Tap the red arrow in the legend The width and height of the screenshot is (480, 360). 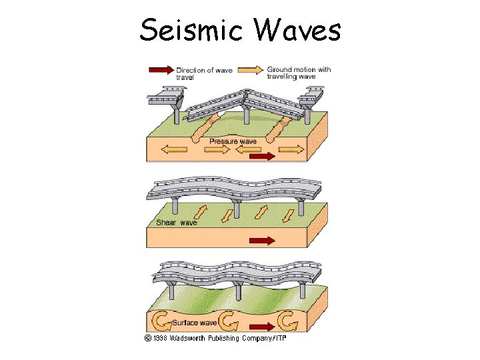coord(160,69)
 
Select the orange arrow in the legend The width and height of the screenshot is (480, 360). coord(251,69)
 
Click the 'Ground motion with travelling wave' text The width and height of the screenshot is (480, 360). coord(298,73)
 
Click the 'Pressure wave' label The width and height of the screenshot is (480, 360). coord(233,141)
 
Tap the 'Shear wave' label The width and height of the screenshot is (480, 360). coord(177,222)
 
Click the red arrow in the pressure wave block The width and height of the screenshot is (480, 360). coord(260,156)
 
